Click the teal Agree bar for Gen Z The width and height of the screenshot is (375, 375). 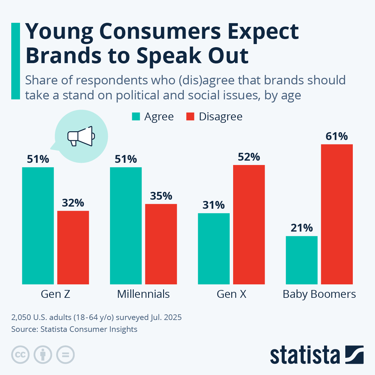click(x=38, y=226)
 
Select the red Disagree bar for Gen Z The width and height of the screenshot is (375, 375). click(x=73, y=247)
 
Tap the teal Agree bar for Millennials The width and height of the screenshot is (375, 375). click(x=126, y=226)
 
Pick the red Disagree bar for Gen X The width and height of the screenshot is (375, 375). click(x=249, y=224)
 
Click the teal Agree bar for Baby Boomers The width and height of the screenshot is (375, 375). click(x=302, y=260)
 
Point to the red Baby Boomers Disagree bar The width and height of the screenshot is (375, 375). click(x=337, y=214)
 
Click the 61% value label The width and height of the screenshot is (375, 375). click(x=337, y=137)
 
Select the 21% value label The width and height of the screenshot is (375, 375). click(x=302, y=228)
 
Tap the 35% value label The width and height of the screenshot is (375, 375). click(x=161, y=196)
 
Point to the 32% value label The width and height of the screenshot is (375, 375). click(x=73, y=203)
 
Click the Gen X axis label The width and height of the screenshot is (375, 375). click(x=231, y=294)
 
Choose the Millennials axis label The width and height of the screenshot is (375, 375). click(x=143, y=294)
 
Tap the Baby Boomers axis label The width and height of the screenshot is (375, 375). click(x=319, y=294)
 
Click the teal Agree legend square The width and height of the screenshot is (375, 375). click(x=136, y=117)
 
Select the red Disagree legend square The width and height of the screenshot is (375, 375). click(x=190, y=117)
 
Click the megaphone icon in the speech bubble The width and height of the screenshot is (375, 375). click(x=81, y=136)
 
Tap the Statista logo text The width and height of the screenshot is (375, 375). click(x=305, y=355)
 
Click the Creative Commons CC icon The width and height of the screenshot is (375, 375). click(x=20, y=355)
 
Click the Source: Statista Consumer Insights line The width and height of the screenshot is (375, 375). click(x=74, y=329)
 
